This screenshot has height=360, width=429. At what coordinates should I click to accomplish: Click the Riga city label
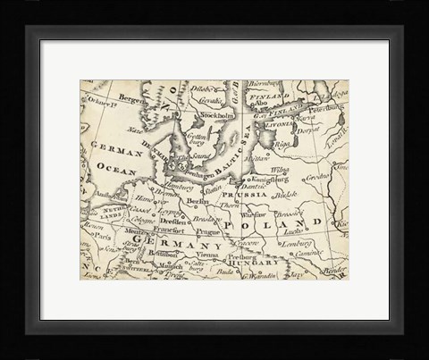281,143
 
